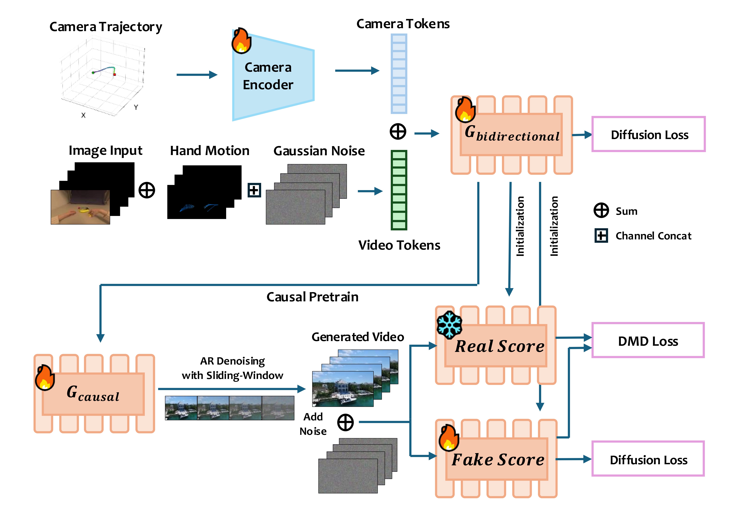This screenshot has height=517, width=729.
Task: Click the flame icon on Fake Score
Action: tap(449, 438)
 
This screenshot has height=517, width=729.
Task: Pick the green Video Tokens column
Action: tap(399, 190)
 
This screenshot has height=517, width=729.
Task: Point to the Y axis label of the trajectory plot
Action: tap(136, 107)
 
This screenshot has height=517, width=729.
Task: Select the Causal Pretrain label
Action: tap(312, 297)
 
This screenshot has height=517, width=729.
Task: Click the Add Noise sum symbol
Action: tap(345, 422)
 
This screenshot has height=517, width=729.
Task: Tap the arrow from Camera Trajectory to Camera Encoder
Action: tap(197, 75)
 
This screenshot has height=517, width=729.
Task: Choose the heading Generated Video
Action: tap(358, 337)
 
